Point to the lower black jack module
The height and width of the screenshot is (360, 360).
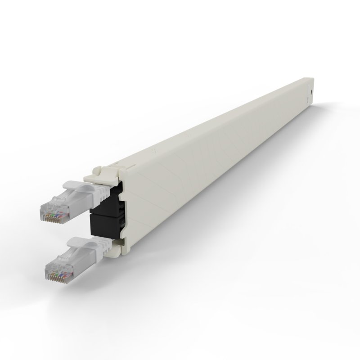pyautogui.click(x=108, y=227)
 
